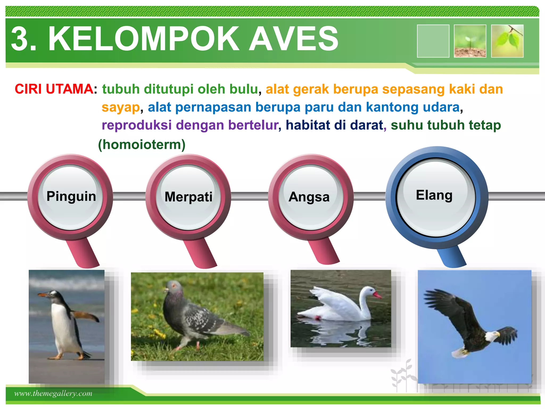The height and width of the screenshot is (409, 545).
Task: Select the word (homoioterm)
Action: point(142,145)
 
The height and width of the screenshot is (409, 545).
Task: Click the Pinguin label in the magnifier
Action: point(71,196)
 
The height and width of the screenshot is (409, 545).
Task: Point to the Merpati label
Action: point(188,197)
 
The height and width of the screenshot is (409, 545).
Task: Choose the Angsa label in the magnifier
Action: point(309,197)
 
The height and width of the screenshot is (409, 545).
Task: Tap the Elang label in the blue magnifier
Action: point(434,195)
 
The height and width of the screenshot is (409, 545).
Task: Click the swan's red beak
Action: point(377,295)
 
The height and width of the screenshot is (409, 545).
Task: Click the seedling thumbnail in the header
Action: point(470,41)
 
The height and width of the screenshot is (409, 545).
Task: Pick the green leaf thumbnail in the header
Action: point(507,41)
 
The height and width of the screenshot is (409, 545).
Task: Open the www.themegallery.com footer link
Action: point(53,393)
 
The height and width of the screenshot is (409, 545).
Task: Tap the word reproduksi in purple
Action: point(137,125)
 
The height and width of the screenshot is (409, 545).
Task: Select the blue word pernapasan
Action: point(213,107)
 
